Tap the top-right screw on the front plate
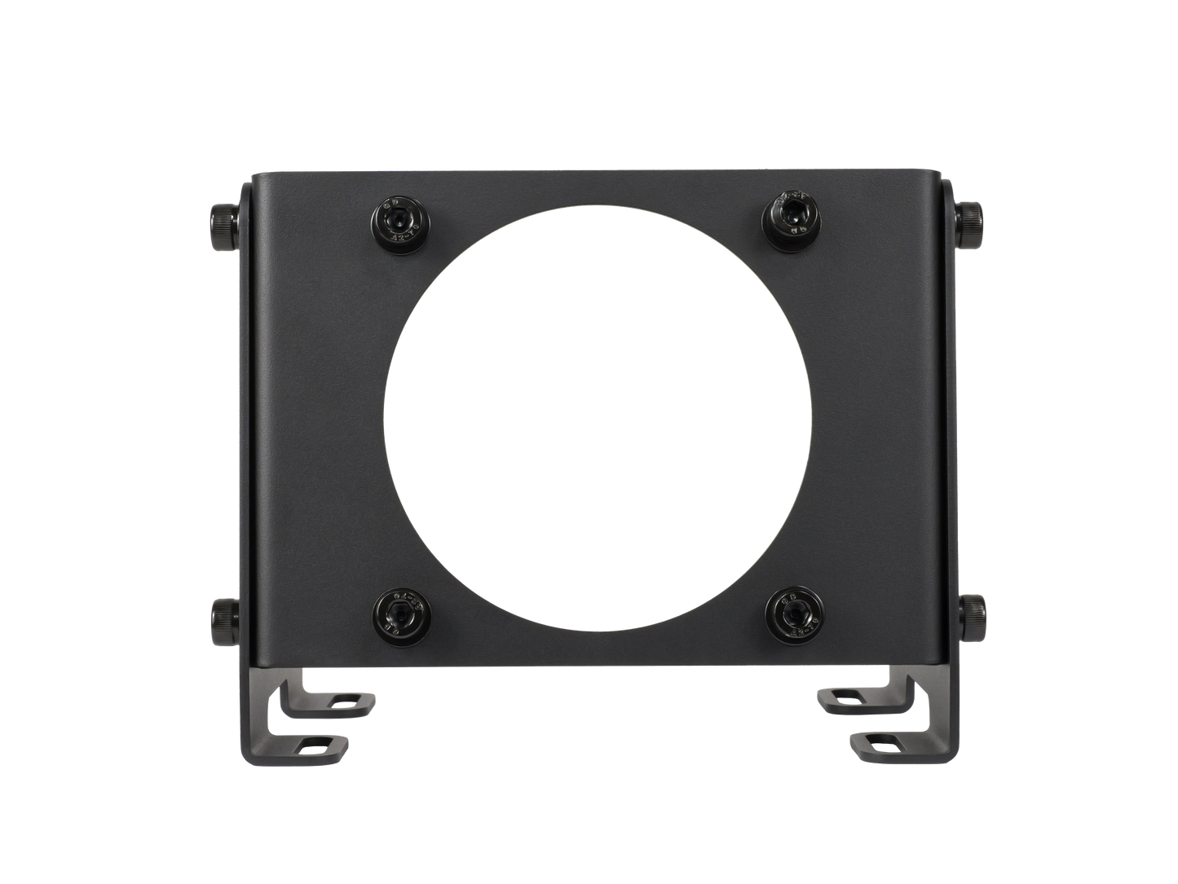(784, 216)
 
